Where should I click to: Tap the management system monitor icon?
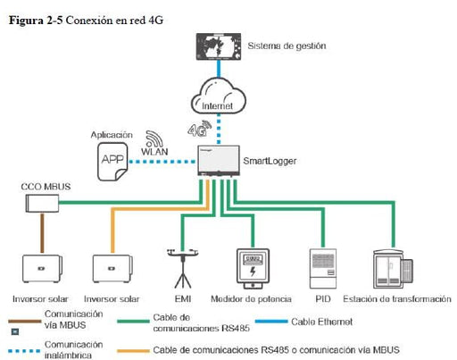coord(219,46)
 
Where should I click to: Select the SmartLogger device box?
coord(219,161)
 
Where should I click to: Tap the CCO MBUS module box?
coord(38,205)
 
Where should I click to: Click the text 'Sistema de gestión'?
coord(286,45)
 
